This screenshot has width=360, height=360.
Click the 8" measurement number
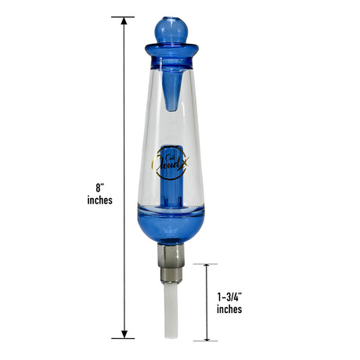[x=99, y=188]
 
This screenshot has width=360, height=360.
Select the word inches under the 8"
[x=100, y=200]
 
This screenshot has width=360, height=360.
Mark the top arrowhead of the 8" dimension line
[x=123, y=21]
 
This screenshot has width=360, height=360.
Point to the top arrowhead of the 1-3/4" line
[x=207, y=268]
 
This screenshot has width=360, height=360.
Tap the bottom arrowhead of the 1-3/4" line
[x=207, y=337]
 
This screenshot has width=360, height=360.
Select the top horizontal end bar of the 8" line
[x=123, y=16]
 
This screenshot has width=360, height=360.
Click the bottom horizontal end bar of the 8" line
[x=123, y=338]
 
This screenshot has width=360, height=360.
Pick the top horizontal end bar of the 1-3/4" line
[x=207, y=264]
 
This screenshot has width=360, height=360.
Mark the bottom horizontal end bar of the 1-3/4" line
[x=207, y=341]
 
